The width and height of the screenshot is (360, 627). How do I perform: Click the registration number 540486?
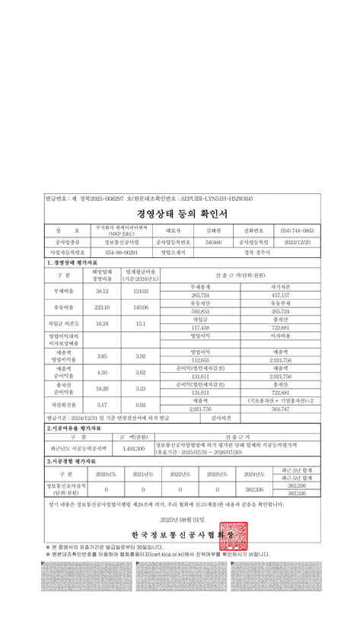214,242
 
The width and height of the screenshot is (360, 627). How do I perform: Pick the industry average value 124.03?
141,291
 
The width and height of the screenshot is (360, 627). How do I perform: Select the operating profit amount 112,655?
200,360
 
